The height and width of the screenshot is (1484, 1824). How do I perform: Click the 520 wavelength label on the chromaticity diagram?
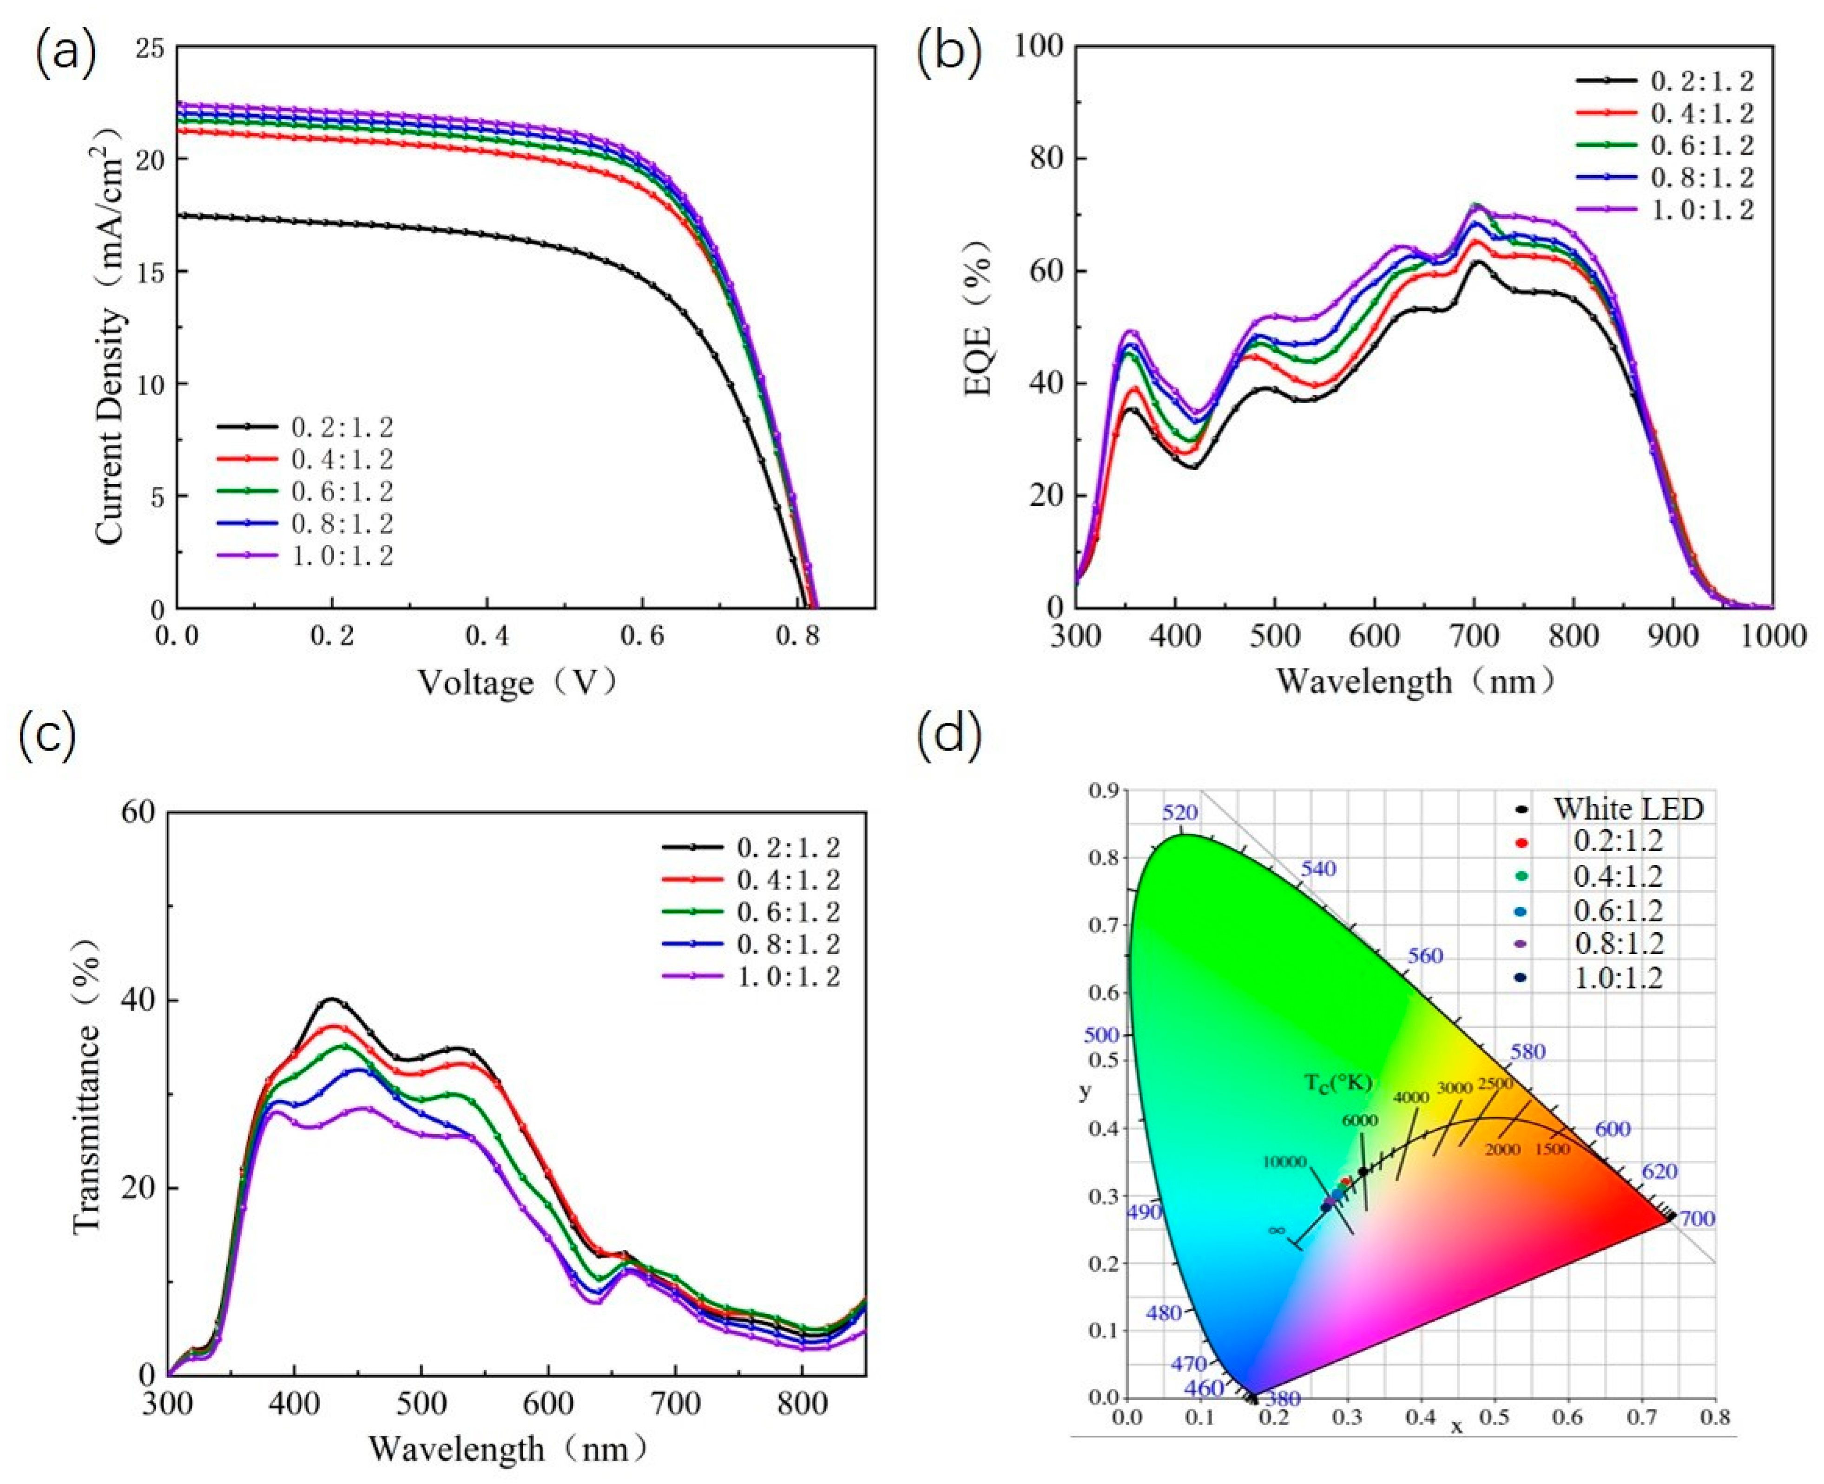1180,812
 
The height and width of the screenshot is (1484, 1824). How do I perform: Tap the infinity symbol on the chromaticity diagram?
1276,1230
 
